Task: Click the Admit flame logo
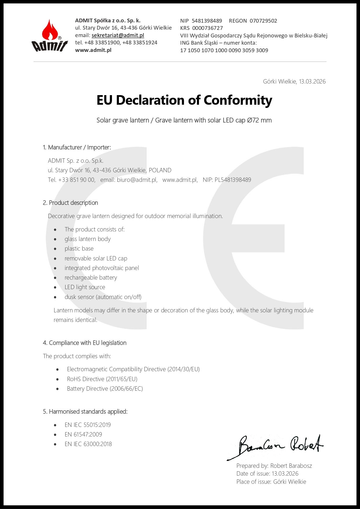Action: pyautogui.click(x=49, y=36)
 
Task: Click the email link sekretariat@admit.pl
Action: pyautogui.click(x=118, y=35)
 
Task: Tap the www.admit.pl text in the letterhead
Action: pyautogui.click(x=93, y=50)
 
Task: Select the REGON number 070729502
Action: pyautogui.click(x=263, y=21)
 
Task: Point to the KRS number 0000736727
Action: pyautogui.click(x=207, y=28)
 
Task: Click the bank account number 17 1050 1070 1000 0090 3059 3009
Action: pyautogui.click(x=224, y=50)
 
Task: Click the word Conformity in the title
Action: pyautogui.click(x=238, y=100)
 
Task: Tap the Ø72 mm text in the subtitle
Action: pyautogui.click(x=259, y=120)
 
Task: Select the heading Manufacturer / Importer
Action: pyautogui.click(x=79, y=147)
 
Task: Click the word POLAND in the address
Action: pyautogui.click(x=160, y=170)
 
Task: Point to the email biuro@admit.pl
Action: pyautogui.click(x=137, y=180)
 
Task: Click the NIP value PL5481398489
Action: pyautogui.click(x=233, y=180)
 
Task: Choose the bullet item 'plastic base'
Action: pyautogui.click(x=79, y=249)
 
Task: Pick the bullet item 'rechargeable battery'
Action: pyautogui.click(x=91, y=278)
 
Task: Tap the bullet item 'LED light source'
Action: pyautogui.click(x=85, y=287)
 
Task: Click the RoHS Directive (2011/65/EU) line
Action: pyautogui.click(x=102, y=379)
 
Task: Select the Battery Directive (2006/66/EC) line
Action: pyautogui.click(x=105, y=389)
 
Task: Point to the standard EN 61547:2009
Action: pyautogui.click(x=83, y=434)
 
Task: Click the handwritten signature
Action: pyautogui.click(x=276, y=446)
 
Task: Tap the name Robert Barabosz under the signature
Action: pyautogui.click(x=291, y=466)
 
